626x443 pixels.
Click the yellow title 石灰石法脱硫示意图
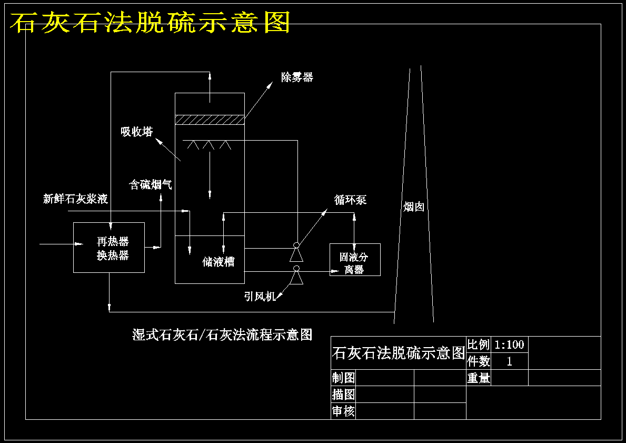tap(150, 22)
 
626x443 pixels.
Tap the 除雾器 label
tap(297, 77)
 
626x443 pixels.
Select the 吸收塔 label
tap(137, 131)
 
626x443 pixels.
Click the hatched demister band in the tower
tap(210, 120)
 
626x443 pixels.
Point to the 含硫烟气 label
tap(151, 184)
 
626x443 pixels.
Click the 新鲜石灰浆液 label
tap(75, 199)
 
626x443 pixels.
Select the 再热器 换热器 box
tap(109, 247)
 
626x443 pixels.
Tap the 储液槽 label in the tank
tap(218, 262)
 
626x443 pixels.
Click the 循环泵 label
tap(350, 200)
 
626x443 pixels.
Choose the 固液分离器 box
tap(355, 260)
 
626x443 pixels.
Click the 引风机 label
tap(260, 297)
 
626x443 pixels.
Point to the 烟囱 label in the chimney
tap(414, 206)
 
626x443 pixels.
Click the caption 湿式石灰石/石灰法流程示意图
tap(222, 334)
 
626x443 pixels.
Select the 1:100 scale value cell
tap(510, 344)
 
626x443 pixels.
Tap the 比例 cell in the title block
tap(479, 344)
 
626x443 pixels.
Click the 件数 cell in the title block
tap(479, 361)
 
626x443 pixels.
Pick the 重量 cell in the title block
tap(479, 378)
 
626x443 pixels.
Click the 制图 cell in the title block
tap(343, 378)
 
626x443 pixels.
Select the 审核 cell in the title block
tap(343, 411)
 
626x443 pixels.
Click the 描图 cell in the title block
tap(343, 394)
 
